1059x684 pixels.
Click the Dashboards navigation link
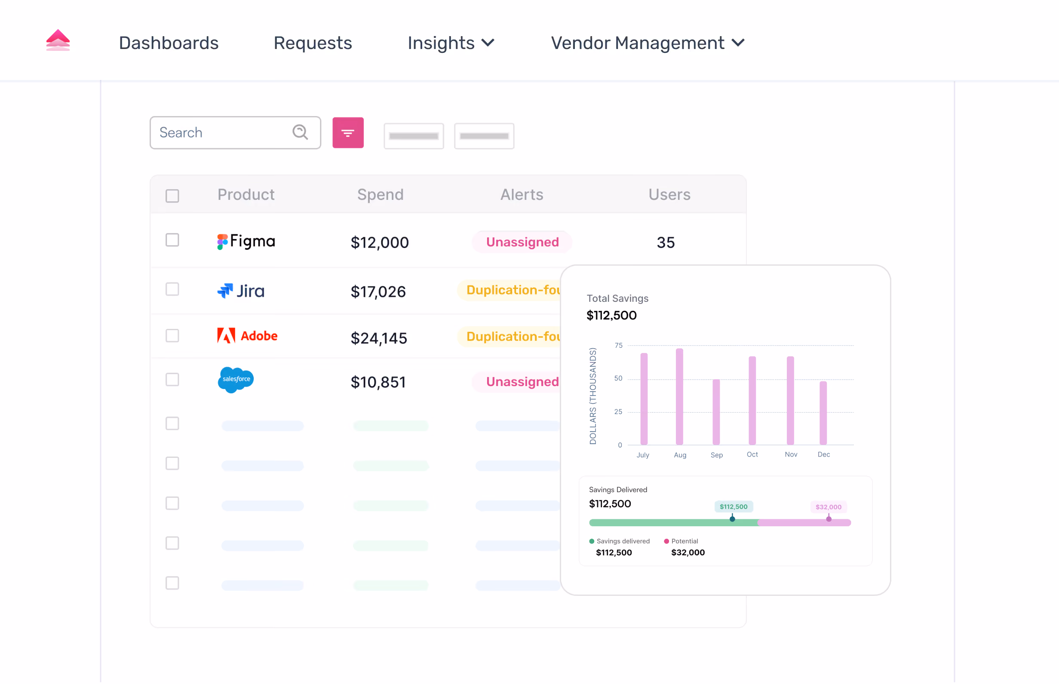tap(169, 43)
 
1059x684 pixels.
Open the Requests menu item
tap(313, 43)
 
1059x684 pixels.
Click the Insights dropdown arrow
tap(488, 43)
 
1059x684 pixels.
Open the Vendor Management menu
tap(648, 43)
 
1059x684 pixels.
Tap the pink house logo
tap(58, 40)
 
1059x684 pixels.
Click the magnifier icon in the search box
tap(300, 132)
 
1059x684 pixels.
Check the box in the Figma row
tap(172, 240)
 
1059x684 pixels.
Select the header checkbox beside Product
tap(172, 196)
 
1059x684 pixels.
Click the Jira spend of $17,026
tap(378, 292)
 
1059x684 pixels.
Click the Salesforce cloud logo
tap(236, 380)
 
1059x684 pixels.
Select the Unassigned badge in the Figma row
tap(522, 242)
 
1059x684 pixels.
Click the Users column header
tap(669, 195)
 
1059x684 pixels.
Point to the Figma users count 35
tap(666, 242)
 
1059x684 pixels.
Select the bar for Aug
tap(680, 397)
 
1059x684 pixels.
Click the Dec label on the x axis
tap(823, 454)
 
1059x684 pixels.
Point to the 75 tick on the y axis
tap(618, 346)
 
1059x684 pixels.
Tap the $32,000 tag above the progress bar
tap(829, 507)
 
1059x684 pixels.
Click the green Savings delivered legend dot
tap(592, 541)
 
